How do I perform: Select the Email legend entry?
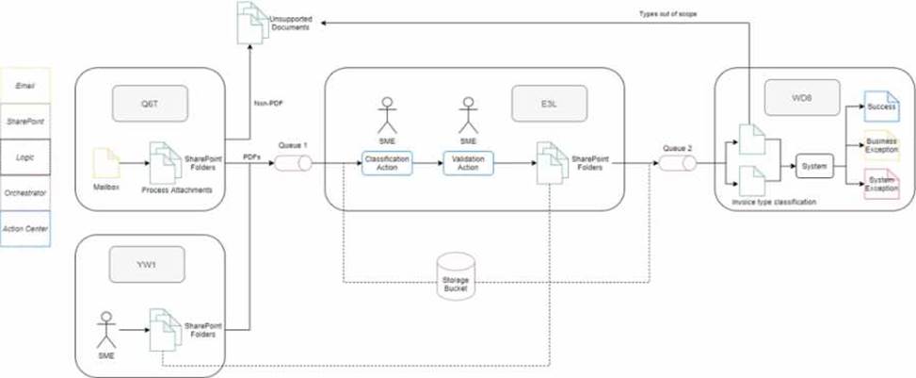pyautogui.click(x=24, y=85)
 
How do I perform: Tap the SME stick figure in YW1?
pyautogui.click(x=104, y=327)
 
